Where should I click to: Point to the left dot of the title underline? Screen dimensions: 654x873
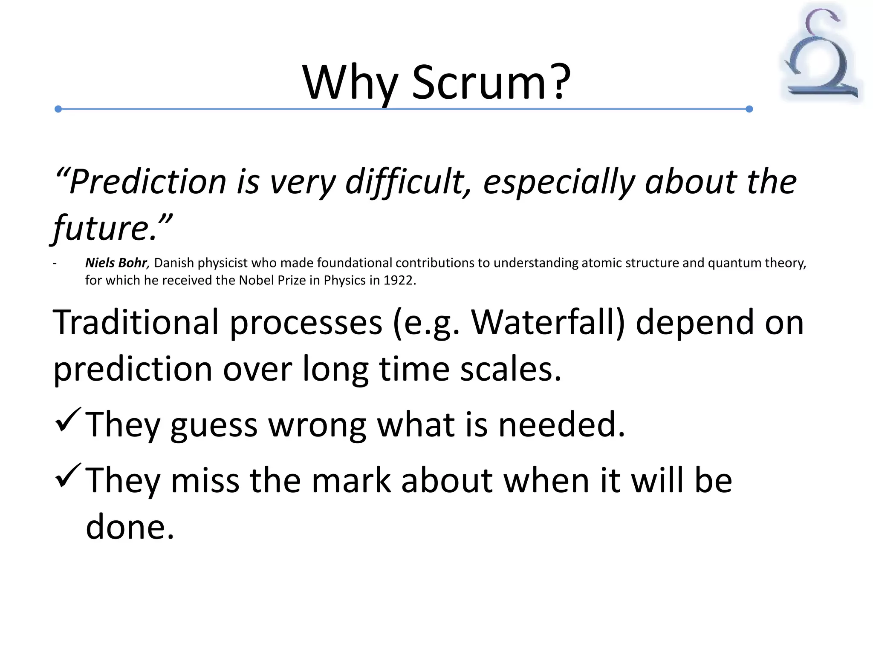[58, 109]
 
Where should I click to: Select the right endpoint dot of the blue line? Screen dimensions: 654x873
[749, 109]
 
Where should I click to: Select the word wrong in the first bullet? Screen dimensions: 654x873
[317, 425]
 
